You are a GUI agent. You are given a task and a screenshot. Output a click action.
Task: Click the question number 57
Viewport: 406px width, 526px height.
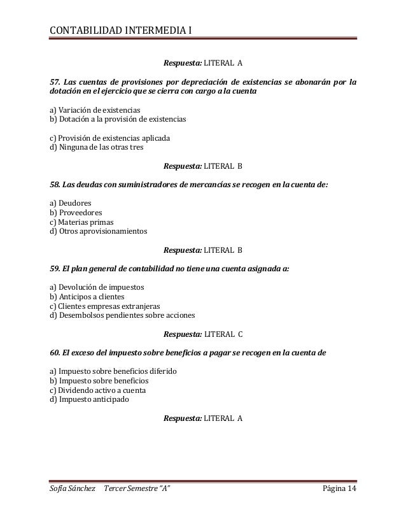coord(56,82)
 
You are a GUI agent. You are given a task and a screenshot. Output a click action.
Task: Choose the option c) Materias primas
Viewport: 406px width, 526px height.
coord(81,222)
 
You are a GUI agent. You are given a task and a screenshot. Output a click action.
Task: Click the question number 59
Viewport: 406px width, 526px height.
coord(55,269)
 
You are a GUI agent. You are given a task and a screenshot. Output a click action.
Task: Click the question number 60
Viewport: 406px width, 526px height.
coord(56,353)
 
